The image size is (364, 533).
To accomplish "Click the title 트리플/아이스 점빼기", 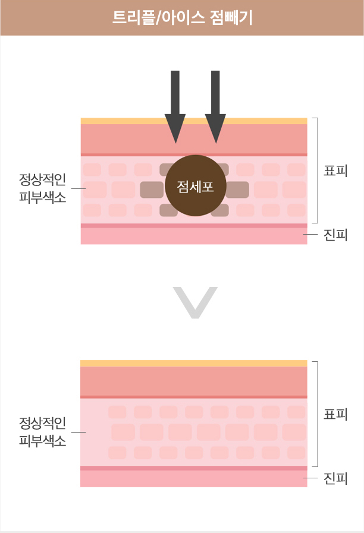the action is (x=183, y=18).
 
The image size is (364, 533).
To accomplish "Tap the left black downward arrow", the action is (x=175, y=107).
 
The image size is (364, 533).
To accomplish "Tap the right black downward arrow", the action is (x=215, y=107).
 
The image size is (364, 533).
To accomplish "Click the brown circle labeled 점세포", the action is (x=196, y=185).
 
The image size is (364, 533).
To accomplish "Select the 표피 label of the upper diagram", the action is (x=335, y=171).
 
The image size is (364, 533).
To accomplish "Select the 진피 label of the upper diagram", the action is (x=335, y=235).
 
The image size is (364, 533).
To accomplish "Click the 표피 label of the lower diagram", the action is (x=335, y=414).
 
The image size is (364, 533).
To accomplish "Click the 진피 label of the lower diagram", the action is (x=335, y=478).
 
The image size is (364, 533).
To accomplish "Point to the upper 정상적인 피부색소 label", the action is (x=42, y=188).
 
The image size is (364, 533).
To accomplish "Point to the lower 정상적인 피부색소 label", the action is (x=42, y=432).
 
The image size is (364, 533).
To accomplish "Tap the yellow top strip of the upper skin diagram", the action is (x=194, y=121).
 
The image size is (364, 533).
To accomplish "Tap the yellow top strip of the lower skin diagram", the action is (x=194, y=364).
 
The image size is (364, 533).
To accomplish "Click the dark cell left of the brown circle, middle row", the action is (x=152, y=190).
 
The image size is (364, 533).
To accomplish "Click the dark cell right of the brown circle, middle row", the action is (x=237, y=190).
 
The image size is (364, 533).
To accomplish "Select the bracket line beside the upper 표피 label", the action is (x=318, y=171).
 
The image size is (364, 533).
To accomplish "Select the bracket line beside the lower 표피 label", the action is (x=318, y=414).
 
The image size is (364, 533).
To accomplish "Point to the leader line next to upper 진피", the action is (x=310, y=235).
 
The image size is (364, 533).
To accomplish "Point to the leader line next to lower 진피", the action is (x=310, y=478).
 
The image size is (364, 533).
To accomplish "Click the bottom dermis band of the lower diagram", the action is (x=194, y=478).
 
